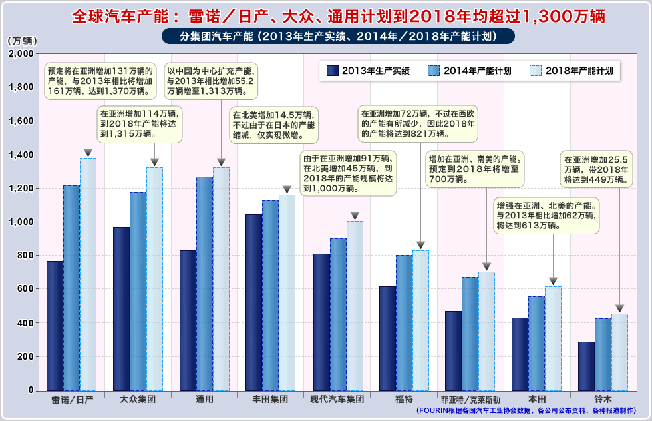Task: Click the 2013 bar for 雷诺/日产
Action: pos(55,326)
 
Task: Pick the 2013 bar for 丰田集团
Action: pos(253,302)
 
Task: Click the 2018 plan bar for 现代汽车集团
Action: pos(355,306)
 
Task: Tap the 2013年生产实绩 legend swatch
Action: pos(333,70)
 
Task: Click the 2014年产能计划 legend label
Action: pos(477,70)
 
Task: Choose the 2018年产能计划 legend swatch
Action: pos(536,70)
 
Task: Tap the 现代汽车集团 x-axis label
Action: pos(337,399)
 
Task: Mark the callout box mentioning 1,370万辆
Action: pos(100,81)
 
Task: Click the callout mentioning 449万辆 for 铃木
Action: pos(595,169)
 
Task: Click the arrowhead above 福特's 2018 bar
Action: pos(420,245)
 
